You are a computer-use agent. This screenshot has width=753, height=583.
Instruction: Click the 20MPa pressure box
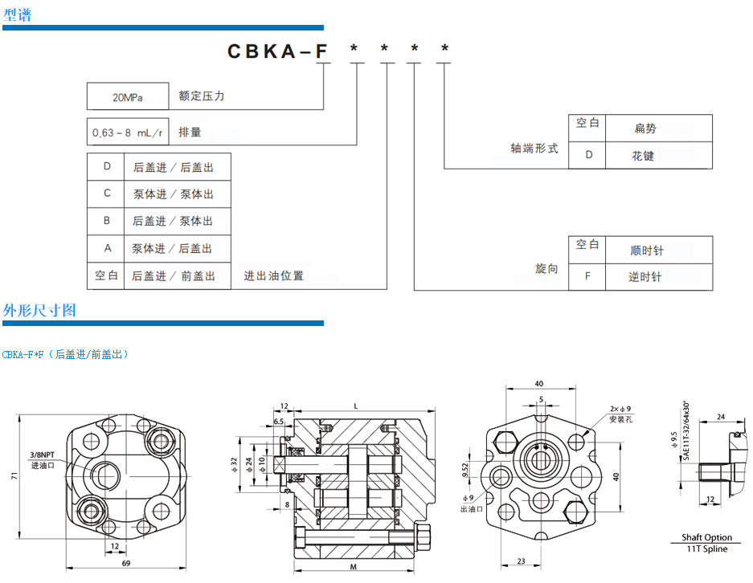click(x=127, y=96)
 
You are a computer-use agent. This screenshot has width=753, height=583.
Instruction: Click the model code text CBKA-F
click(x=278, y=51)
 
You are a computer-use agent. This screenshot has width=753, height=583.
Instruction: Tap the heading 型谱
click(x=17, y=14)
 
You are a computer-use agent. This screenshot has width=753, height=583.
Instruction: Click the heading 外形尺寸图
click(x=39, y=310)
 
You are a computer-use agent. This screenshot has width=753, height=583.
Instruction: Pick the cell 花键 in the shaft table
click(x=643, y=155)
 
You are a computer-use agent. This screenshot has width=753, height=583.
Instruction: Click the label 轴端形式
click(x=534, y=149)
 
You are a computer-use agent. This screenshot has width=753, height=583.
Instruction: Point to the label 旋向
click(x=546, y=268)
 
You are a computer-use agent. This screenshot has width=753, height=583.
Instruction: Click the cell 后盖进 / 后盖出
click(x=173, y=167)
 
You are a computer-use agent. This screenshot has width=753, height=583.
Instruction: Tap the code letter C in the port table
click(x=107, y=194)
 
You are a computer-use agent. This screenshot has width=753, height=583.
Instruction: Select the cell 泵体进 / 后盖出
click(x=173, y=248)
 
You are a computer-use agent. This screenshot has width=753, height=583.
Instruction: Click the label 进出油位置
click(x=274, y=275)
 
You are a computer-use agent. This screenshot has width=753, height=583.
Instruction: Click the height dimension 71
click(x=14, y=476)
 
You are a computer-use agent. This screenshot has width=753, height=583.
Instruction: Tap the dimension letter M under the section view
click(x=354, y=567)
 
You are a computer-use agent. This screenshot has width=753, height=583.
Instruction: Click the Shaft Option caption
click(x=707, y=537)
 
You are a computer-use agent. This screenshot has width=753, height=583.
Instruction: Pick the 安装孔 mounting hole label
click(x=623, y=419)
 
